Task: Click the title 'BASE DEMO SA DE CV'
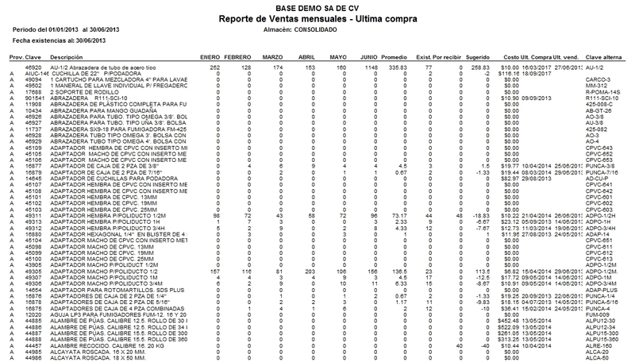click(317, 6)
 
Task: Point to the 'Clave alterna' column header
click(602, 58)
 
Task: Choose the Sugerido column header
click(478, 58)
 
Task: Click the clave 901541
click(33, 97)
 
